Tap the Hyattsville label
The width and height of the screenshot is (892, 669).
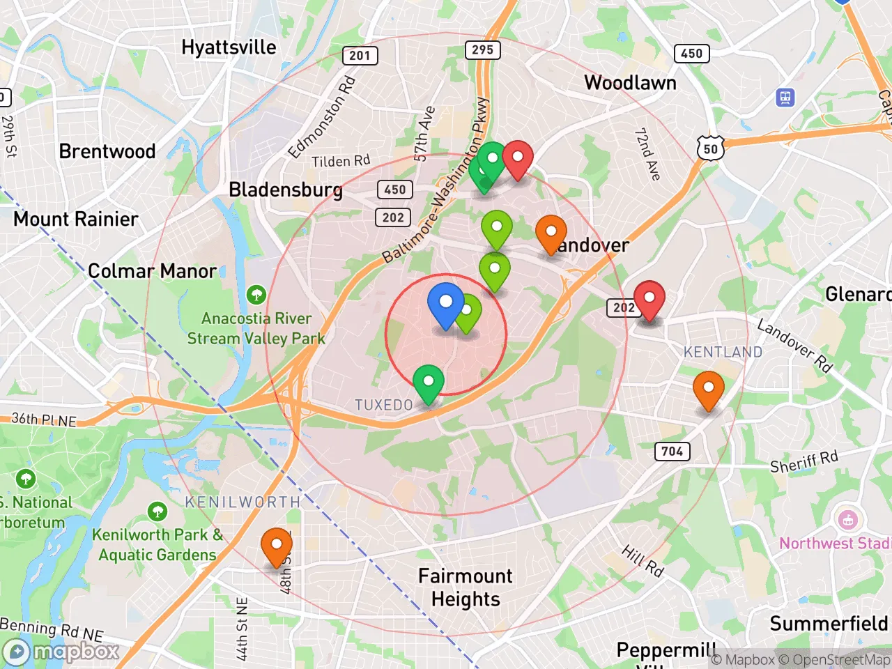229,47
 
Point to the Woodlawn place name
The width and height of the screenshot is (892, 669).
630,83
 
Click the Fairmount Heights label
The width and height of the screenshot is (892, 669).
466,587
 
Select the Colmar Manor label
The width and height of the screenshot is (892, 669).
152,271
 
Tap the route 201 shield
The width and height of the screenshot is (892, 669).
360,56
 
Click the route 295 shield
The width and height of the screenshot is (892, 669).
482,49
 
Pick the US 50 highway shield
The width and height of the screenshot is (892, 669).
710,148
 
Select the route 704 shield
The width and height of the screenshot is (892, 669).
672,452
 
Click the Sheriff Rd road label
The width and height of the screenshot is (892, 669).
803,462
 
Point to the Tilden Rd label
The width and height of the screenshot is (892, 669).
341,162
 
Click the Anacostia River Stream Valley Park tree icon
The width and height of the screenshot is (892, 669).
256,294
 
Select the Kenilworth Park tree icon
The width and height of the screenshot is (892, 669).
157,512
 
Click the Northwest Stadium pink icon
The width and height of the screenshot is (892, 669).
847,520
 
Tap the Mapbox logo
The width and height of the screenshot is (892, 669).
63,652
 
